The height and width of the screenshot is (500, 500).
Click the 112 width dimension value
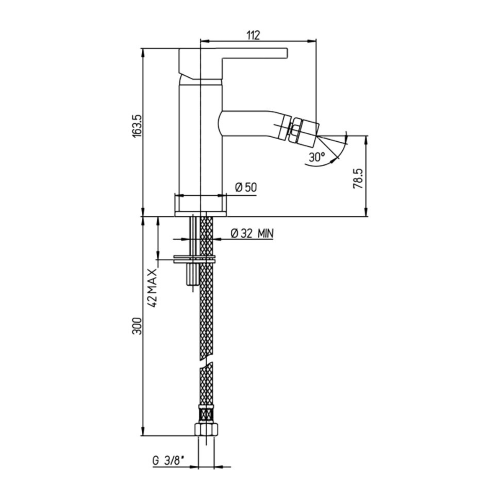(x=253, y=35)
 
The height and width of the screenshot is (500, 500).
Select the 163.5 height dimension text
(x=136, y=126)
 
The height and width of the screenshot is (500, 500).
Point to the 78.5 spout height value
(x=358, y=179)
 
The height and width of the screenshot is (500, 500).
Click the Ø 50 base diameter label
(x=246, y=187)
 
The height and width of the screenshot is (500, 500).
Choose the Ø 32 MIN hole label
(x=252, y=234)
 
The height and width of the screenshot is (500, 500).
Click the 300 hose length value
(x=136, y=326)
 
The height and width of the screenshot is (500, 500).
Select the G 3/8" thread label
(x=169, y=461)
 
